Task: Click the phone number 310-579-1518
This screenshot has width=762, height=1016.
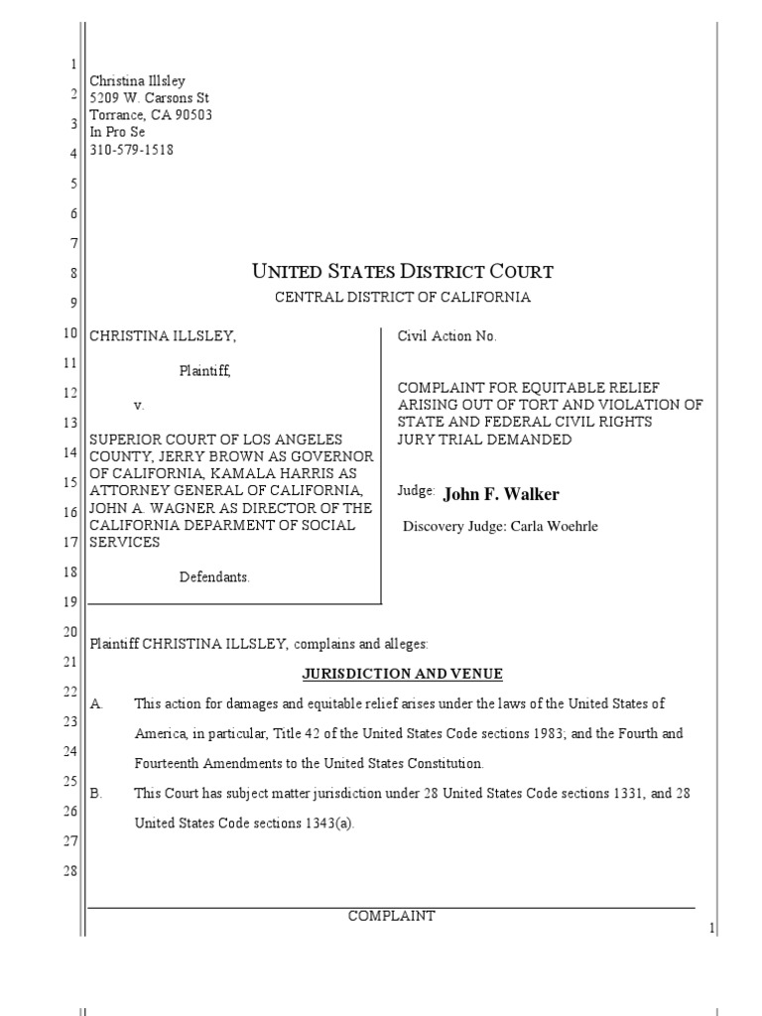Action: tap(131, 151)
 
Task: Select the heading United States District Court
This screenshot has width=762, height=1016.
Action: tap(403, 271)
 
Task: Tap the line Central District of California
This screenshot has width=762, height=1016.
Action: tap(403, 297)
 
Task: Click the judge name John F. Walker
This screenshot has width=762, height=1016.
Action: tap(501, 494)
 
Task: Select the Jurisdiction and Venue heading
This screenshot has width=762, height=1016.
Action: tap(403, 674)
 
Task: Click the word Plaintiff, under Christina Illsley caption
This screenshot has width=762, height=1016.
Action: tap(205, 371)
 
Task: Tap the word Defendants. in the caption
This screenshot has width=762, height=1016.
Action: tap(214, 577)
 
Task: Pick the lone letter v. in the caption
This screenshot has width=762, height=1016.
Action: tap(138, 406)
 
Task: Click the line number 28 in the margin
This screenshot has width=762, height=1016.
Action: tap(69, 870)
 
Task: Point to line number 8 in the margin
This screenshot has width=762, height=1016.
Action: tap(72, 272)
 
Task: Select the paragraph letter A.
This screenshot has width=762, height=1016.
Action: tap(97, 703)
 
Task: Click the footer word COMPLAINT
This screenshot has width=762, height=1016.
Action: tap(391, 916)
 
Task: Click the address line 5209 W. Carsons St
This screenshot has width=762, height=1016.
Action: tap(149, 98)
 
